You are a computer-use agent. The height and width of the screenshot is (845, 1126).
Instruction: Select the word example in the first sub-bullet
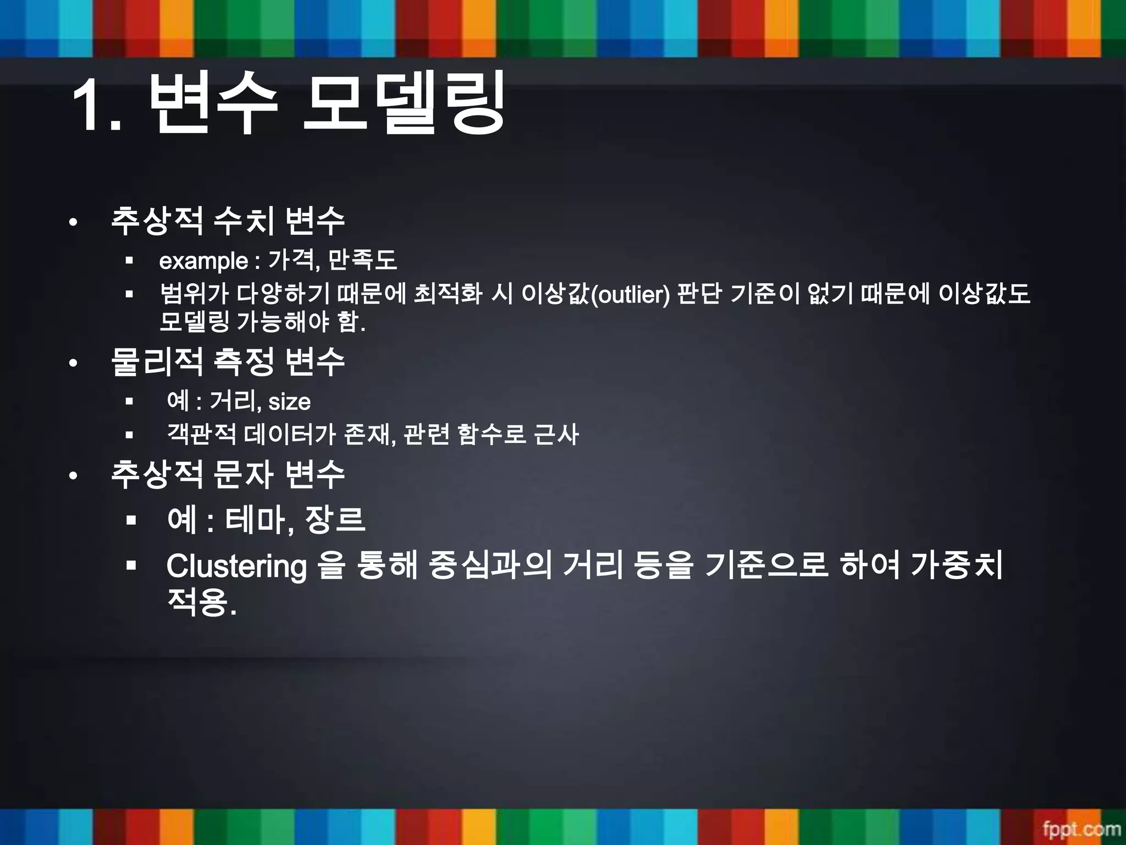point(203,261)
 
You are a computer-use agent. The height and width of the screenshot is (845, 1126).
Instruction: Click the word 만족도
point(362,260)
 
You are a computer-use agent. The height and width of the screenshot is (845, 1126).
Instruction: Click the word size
point(289,402)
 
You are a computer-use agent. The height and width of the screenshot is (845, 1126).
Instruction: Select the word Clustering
point(236,566)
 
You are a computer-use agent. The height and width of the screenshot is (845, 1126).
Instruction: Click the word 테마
point(257,519)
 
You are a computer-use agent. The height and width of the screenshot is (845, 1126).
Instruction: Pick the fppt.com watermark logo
point(1081,828)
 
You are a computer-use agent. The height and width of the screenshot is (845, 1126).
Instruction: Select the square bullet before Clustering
point(131,565)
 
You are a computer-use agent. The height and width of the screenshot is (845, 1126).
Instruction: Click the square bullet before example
point(130,261)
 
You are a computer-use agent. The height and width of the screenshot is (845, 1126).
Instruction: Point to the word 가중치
point(956,565)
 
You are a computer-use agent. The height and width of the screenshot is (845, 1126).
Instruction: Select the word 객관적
point(201,434)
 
